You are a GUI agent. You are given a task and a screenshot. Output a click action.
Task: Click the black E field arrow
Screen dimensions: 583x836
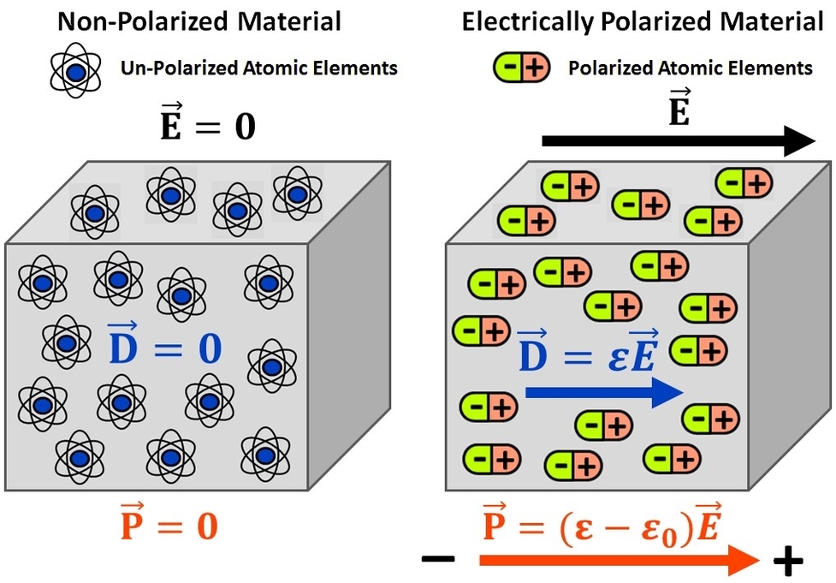click(676, 141)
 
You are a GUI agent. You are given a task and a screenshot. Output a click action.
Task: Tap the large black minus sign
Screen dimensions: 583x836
click(439, 560)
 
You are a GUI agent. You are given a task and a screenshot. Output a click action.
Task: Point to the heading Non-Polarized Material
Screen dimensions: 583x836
click(199, 21)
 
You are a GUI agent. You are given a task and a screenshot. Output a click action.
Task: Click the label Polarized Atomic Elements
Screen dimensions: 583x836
click(690, 68)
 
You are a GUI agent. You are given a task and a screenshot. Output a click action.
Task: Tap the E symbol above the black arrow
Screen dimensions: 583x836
click(679, 107)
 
